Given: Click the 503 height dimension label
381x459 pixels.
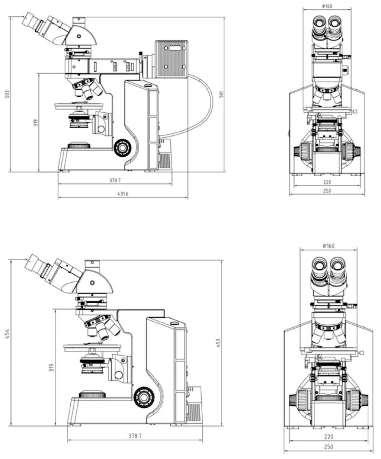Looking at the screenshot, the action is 8,94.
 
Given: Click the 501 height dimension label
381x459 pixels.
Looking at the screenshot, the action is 221,94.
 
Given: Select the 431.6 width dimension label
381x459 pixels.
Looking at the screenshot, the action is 123,194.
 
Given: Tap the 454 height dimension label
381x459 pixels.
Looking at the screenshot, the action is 8,334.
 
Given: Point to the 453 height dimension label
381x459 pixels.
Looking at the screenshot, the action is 218,343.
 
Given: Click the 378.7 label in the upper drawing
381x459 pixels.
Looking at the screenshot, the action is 115,180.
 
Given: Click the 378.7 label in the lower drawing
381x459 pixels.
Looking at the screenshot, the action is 135,436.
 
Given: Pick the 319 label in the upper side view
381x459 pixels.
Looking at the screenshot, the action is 36,123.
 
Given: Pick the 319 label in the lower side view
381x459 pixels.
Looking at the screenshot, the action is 51,367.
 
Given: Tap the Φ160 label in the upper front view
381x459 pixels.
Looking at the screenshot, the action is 327,6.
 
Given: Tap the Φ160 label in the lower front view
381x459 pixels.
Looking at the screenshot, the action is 329,246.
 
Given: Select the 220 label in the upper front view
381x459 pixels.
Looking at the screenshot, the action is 327,182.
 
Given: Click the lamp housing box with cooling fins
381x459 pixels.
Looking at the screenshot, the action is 171,59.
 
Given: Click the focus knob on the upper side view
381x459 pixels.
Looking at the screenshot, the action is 122,148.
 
